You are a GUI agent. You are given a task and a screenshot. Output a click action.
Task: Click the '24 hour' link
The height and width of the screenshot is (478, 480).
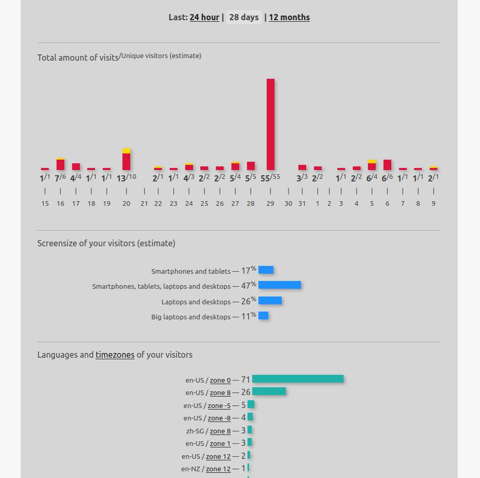[x=204, y=18]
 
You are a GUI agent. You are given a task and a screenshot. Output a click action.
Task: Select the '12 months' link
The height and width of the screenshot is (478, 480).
[x=289, y=18]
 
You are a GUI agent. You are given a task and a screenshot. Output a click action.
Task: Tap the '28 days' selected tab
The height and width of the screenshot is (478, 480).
[x=244, y=17]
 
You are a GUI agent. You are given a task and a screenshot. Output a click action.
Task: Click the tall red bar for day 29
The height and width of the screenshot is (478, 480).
[x=270, y=124]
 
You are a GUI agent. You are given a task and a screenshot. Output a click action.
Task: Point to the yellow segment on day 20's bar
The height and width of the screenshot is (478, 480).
[x=127, y=151]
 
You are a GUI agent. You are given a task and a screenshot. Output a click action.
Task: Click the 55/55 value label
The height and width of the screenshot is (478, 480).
[x=270, y=178]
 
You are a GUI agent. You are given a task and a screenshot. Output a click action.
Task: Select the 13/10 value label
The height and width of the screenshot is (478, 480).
[x=127, y=178]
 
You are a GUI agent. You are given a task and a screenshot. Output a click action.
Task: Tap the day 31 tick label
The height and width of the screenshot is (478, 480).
[x=302, y=204]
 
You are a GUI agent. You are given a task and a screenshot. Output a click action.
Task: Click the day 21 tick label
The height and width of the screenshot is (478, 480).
[x=144, y=204]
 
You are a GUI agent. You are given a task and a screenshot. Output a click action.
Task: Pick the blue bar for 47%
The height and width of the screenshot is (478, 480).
[x=280, y=285]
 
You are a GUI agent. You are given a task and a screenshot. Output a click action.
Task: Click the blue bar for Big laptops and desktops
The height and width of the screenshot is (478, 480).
[x=263, y=316]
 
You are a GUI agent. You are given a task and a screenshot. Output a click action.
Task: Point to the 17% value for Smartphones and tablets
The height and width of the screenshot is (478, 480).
[x=249, y=270]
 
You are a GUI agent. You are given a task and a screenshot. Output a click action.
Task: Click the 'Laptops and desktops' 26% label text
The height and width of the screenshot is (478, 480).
[x=196, y=302]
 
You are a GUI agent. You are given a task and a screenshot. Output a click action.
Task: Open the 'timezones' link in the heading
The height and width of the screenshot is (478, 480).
[x=115, y=355]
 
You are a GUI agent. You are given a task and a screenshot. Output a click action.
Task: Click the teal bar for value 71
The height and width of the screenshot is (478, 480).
[x=298, y=379]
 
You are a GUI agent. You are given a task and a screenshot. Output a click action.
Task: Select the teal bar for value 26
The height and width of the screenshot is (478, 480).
[x=269, y=391]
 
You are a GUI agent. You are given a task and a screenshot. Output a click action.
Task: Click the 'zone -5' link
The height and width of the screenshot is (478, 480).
[x=219, y=405]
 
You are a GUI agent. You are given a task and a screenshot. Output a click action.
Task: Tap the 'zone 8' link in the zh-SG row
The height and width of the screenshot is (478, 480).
[x=220, y=431]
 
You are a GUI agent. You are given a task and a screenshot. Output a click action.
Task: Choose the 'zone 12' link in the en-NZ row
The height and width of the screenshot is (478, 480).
[x=218, y=469]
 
